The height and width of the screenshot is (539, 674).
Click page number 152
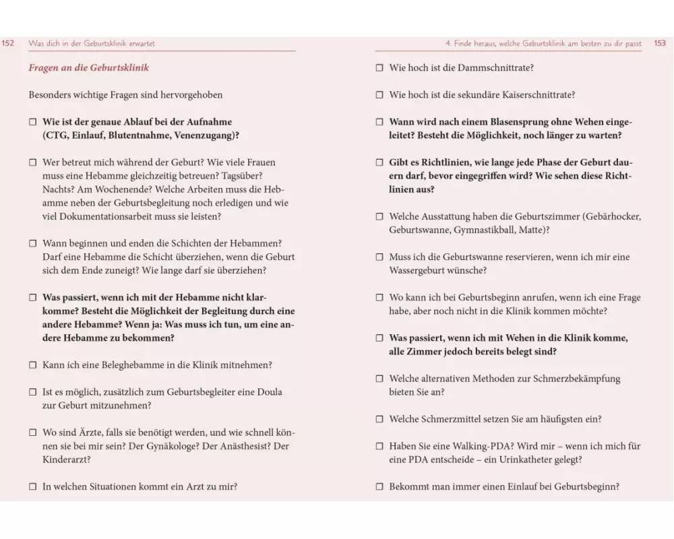8,43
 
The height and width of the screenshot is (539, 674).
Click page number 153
660,43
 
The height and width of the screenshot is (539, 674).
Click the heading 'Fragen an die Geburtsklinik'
88,68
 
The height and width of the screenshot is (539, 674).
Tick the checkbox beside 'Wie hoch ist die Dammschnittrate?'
379,68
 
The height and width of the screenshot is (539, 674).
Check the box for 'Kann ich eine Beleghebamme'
32,365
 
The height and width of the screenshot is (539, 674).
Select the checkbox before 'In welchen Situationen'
32,486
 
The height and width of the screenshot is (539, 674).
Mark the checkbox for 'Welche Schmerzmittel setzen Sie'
379,419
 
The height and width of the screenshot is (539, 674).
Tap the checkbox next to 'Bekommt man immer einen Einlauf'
379,486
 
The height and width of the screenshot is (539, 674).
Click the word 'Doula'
269,392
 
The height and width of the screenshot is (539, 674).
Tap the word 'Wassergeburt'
418,270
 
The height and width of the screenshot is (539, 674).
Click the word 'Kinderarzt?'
67,459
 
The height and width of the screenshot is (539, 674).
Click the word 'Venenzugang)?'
206,135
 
